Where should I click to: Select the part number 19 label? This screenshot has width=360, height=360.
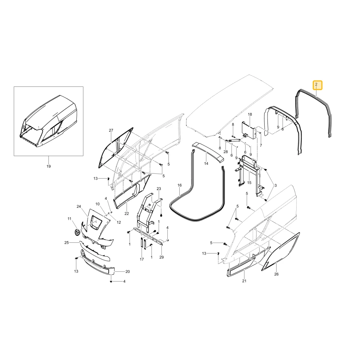point(49,166)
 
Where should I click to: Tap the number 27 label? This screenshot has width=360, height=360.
point(111,130)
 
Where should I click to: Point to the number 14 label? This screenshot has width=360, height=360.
point(206,163)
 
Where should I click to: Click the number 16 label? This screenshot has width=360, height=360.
point(180,185)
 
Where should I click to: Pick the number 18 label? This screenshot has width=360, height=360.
point(250,114)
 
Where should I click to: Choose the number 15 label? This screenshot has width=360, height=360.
point(249,183)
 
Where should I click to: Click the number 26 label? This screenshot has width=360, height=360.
point(276,274)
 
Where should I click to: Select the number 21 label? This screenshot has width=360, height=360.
point(244,281)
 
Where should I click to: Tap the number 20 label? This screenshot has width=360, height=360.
point(128,271)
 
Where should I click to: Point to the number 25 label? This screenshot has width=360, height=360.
point(67,242)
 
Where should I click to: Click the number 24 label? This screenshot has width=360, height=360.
point(79,206)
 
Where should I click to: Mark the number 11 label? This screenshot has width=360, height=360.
point(69,219)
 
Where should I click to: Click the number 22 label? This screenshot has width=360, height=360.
point(127,213)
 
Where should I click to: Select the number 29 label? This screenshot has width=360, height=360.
point(162,257)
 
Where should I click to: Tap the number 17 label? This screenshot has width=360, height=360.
point(142,259)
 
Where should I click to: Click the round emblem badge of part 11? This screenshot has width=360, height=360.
point(77,232)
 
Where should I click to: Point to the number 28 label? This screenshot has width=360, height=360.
point(226,152)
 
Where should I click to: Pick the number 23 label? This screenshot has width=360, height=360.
point(159,189)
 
